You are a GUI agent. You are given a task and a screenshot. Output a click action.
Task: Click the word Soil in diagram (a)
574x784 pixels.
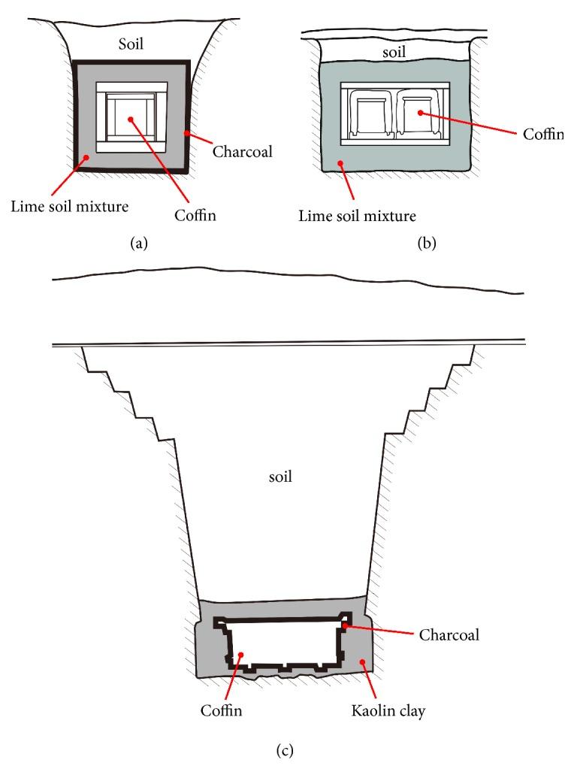pos(131,44)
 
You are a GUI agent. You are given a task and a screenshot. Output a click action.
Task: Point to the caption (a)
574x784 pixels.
pos(138,243)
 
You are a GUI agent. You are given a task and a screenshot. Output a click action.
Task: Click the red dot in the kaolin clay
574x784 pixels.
pos(364,661)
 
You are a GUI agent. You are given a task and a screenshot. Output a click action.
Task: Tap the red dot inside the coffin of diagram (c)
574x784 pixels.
pos(241,655)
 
